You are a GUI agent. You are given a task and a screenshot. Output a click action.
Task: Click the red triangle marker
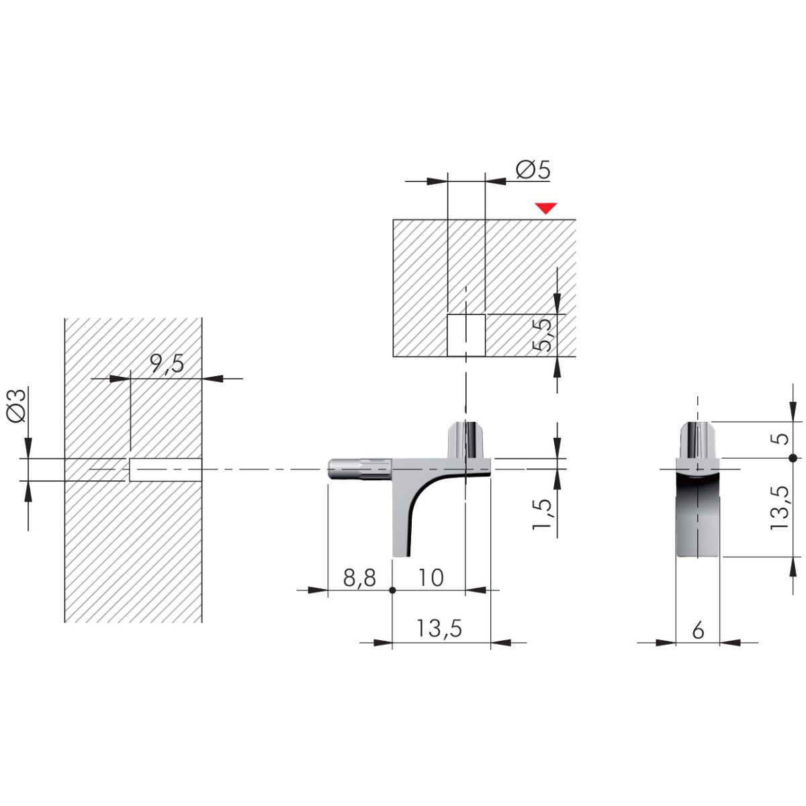pos(546,208)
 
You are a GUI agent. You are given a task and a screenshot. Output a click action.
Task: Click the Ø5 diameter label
pos(533,169)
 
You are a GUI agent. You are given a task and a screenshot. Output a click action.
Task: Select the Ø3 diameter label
pos(17,405)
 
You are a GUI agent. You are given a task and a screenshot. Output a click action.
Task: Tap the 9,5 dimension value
pos(167,363)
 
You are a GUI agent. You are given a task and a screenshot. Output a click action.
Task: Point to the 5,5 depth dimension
pos(543,334)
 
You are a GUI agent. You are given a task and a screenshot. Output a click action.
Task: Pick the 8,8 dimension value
pos(359,578)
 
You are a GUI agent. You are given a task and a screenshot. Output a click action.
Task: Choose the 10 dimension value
pos(431,578)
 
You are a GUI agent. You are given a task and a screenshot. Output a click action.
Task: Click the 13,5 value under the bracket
pos(439,628)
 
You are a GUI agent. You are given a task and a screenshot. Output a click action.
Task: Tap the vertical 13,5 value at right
pos(780,508)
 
